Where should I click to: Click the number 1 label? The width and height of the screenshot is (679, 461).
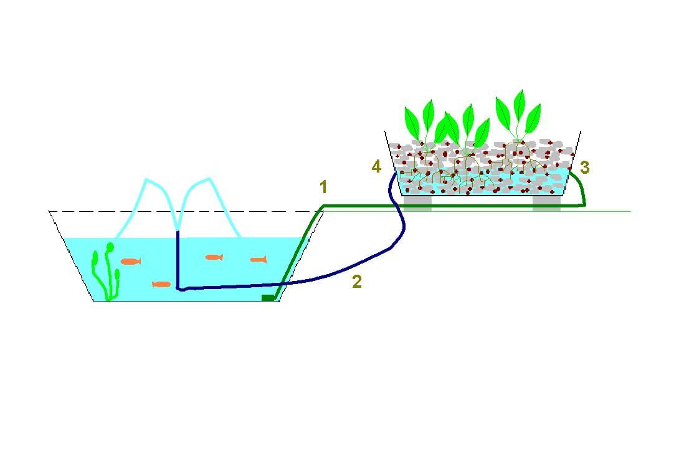(323, 187)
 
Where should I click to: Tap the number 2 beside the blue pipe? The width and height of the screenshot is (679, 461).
(357, 282)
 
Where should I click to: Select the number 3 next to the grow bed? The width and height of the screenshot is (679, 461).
(584, 167)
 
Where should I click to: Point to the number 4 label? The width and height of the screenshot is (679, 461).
(376, 166)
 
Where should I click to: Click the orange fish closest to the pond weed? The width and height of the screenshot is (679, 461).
(131, 262)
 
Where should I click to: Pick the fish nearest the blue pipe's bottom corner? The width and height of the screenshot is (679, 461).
(161, 284)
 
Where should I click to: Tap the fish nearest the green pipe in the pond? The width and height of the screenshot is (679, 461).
(259, 259)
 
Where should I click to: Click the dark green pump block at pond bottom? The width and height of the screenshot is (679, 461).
(268, 297)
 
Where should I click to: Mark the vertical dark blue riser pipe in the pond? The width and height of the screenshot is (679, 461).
(178, 259)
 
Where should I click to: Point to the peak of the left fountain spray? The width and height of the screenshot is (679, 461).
(147, 179)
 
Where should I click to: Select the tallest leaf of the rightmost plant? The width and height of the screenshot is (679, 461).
(520, 103)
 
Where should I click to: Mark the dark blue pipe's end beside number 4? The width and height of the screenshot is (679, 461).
(395, 174)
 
